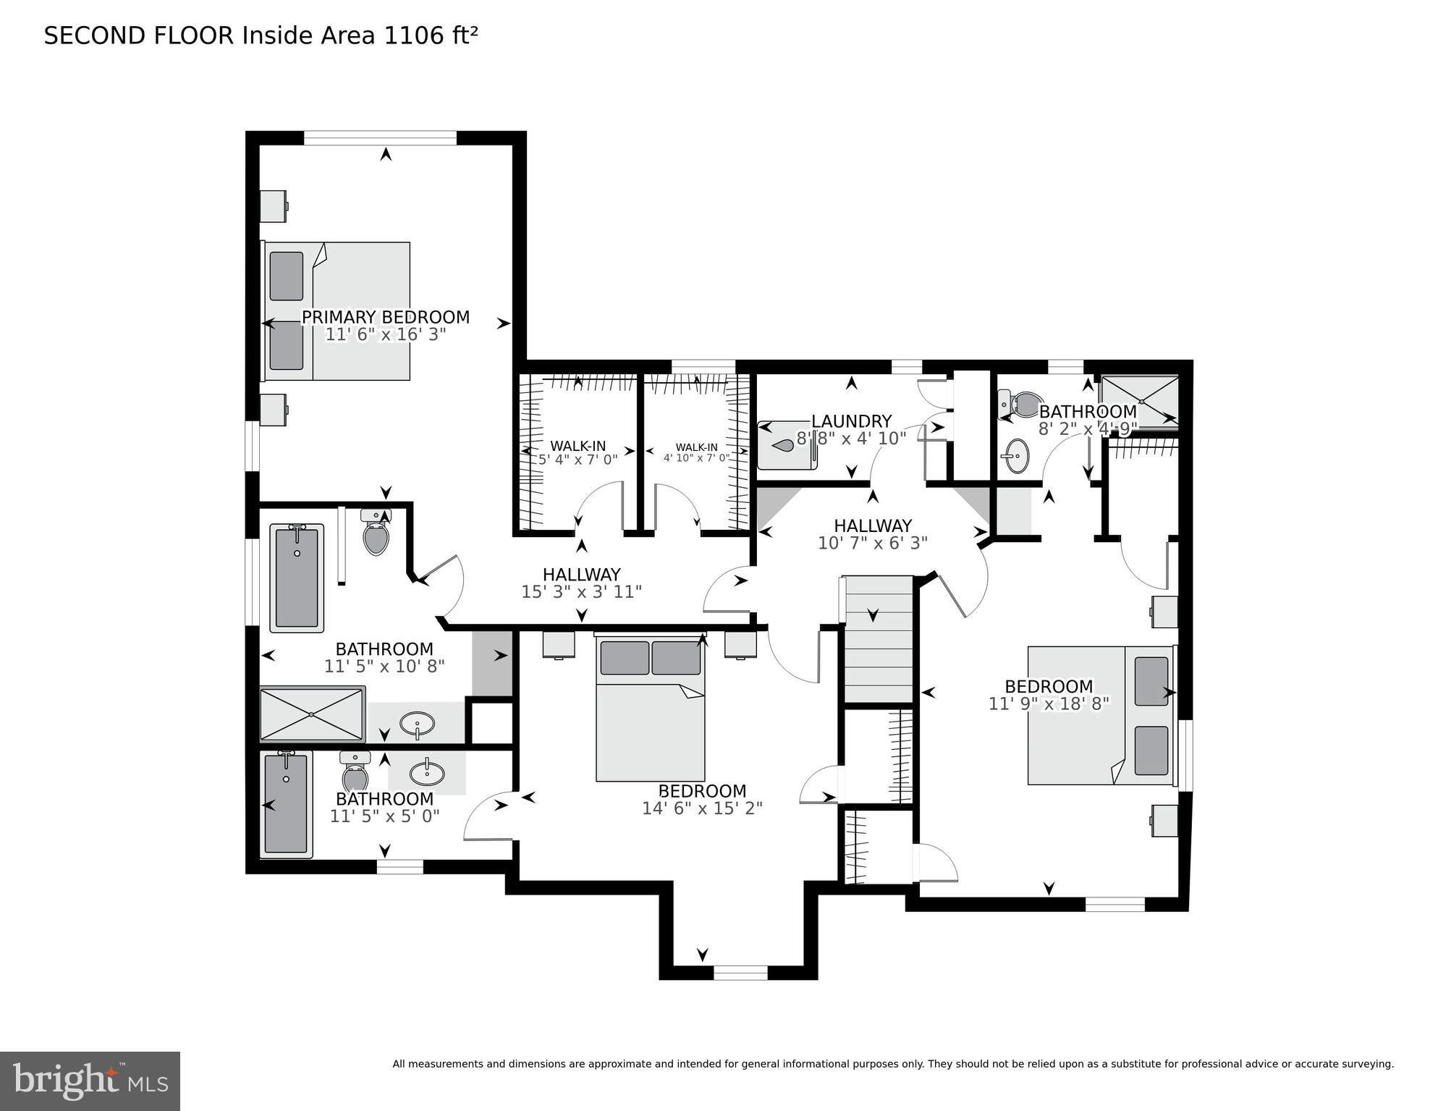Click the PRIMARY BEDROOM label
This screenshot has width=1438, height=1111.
pyautogui.click(x=385, y=317)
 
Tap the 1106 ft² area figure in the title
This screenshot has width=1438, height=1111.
pyautogui.click(x=431, y=35)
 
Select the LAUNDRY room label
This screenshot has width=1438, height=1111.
pyautogui.click(x=851, y=421)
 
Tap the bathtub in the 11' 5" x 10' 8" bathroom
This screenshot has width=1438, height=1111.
pyautogui.click(x=297, y=578)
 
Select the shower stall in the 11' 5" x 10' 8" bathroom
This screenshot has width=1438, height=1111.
pyautogui.click(x=312, y=714)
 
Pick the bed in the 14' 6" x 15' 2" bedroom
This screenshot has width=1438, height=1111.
pyautogui.click(x=650, y=709)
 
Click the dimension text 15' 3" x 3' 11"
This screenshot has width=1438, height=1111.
pyautogui.click(x=581, y=592)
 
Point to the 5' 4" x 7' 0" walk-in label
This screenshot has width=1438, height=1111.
pyautogui.click(x=578, y=459)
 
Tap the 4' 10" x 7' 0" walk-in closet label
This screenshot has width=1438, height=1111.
pyautogui.click(x=696, y=457)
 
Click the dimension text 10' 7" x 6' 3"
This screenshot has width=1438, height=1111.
pyautogui.click(x=872, y=543)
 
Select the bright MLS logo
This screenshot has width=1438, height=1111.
pyautogui.click(x=90, y=1081)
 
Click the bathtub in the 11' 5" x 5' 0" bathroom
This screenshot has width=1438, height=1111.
pyautogui.click(x=286, y=804)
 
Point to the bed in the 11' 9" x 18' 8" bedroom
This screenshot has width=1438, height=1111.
pyautogui.click(x=1100, y=715)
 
